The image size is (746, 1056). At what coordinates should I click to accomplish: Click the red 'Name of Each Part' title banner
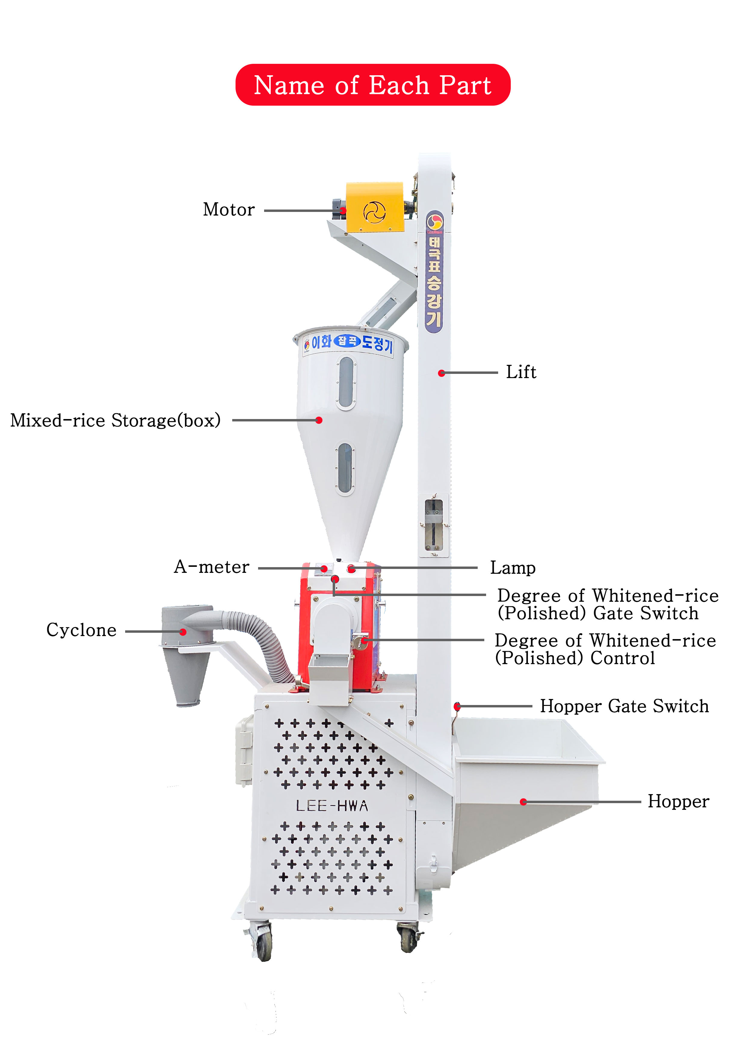point(372,85)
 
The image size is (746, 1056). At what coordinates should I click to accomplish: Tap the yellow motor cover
point(375,207)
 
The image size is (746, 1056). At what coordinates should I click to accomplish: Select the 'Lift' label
point(520,372)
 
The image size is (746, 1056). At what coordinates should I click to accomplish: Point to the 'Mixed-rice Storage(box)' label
point(116,420)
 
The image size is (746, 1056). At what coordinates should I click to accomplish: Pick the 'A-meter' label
point(211,567)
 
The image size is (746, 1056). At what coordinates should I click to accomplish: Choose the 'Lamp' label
point(513,568)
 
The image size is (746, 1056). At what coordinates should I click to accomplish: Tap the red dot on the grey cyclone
point(183,632)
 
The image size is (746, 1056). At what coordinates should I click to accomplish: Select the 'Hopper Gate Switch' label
point(624,706)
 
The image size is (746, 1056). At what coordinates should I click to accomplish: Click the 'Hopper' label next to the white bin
point(678,801)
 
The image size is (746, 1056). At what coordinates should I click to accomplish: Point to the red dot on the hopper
point(523,802)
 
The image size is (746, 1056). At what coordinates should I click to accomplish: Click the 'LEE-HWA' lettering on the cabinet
point(332,806)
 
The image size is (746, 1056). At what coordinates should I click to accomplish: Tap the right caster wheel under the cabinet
point(408,938)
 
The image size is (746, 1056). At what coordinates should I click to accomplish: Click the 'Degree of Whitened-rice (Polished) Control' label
point(605,649)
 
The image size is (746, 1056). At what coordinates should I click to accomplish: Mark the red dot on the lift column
point(441,373)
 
